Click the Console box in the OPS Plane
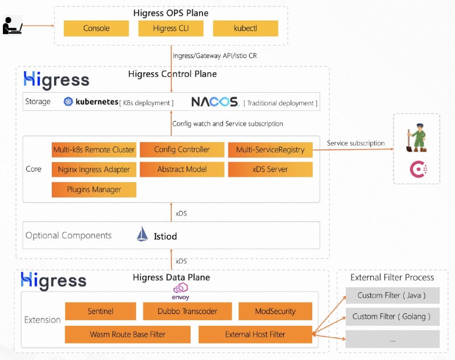point(96,28)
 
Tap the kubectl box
point(245,28)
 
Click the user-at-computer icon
point(12,26)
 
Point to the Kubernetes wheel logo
point(69,101)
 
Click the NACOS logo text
point(214,101)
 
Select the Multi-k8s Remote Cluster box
point(94,150)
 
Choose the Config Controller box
point(181,150)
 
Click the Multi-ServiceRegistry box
point(270,150)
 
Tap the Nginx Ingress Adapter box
point(94,169)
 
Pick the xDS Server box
point(270,169)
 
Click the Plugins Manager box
point(94,189)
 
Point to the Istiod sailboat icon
point(142,234)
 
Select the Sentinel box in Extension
point(101,311)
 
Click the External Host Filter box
point(255,334)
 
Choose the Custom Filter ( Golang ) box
point(392,316)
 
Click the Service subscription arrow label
point(355,143)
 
